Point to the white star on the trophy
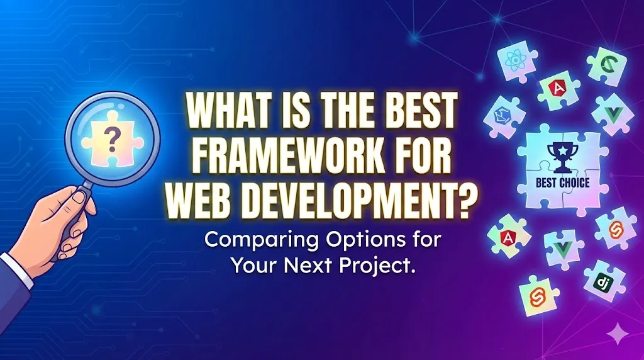557,152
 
